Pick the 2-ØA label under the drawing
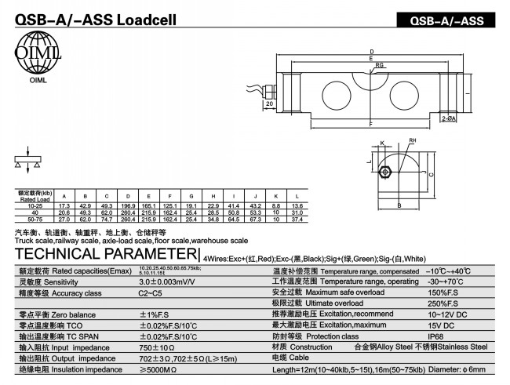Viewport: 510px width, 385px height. [449, 118]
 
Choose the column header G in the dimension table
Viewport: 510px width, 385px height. [192, 195]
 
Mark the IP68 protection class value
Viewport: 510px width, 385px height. [436, 336]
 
